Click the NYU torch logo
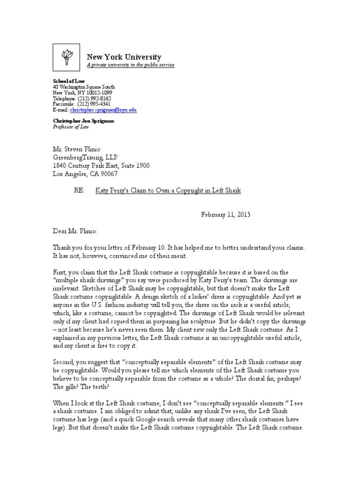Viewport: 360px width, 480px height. pyautogui.click(x=66, y=57)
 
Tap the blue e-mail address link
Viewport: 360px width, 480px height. pyautogui.click(x=103, y=110)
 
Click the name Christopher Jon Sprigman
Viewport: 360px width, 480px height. pyautogui.click(x=83, y=120)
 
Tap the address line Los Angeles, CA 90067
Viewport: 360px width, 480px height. pyautogui.click(x=85, y=174)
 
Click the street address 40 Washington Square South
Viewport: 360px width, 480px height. pyautogui.click(x=84, y=87)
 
